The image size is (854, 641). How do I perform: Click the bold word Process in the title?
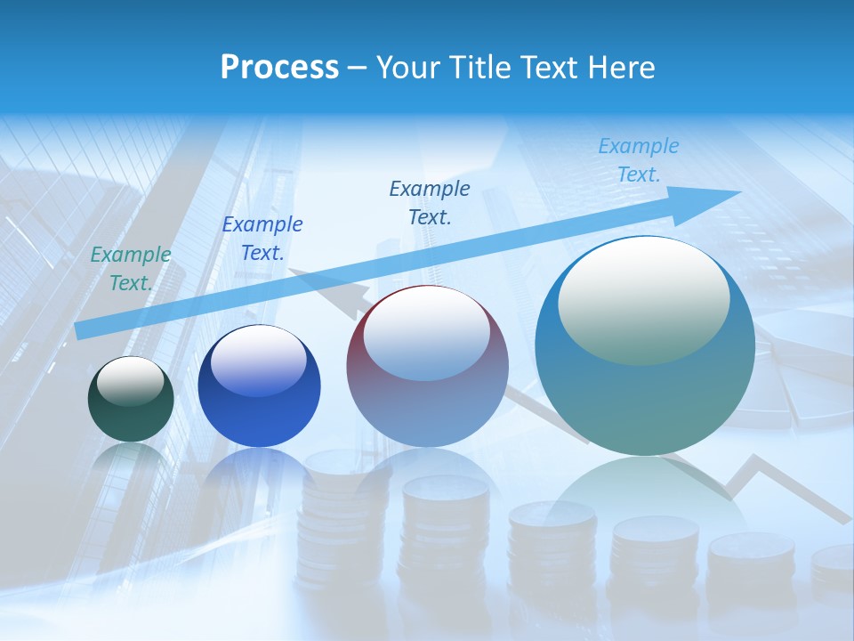coord(279,68)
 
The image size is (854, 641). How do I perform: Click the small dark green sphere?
coord(131,400)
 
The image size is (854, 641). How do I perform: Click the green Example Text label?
coord(131,269)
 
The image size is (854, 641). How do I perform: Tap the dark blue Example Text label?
coord(262,239)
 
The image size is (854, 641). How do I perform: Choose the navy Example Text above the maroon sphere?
coord(430,202)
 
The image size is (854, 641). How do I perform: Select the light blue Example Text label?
coord(639,160)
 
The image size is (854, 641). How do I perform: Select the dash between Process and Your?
coord(357,68)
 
